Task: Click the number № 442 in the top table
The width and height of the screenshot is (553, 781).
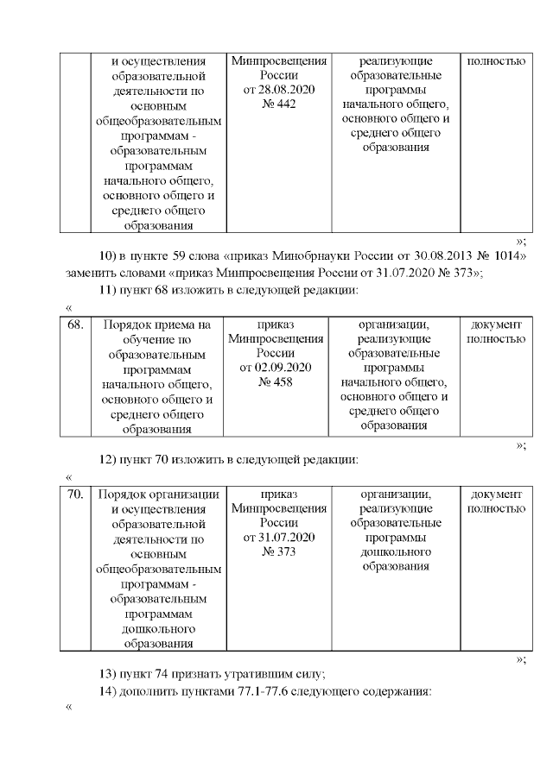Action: [278, 104]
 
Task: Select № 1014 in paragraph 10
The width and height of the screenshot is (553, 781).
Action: [505, 256]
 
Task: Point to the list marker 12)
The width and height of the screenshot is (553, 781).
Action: [108, 458]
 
